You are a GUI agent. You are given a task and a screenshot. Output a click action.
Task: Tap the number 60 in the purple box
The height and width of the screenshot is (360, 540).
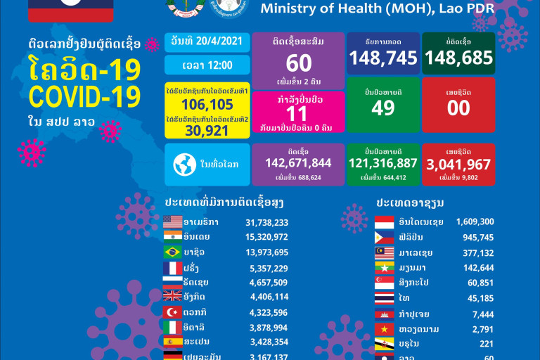(297, 63)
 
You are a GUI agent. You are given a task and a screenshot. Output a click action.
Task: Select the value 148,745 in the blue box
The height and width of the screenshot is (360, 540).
(383, 58)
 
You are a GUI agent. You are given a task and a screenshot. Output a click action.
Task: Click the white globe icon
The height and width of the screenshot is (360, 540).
(186, 165)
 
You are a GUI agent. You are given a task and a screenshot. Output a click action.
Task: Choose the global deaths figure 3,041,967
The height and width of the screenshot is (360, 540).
(458, 163)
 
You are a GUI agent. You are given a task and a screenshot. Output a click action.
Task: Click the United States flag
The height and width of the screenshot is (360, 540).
(172, 222)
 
